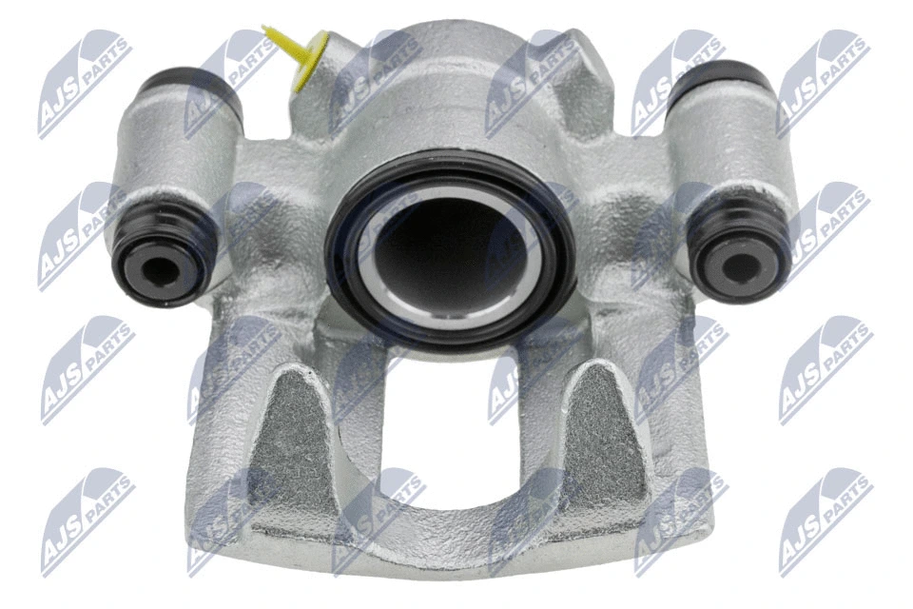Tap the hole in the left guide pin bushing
coord(159,271)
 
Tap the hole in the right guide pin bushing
coord(740,268)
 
